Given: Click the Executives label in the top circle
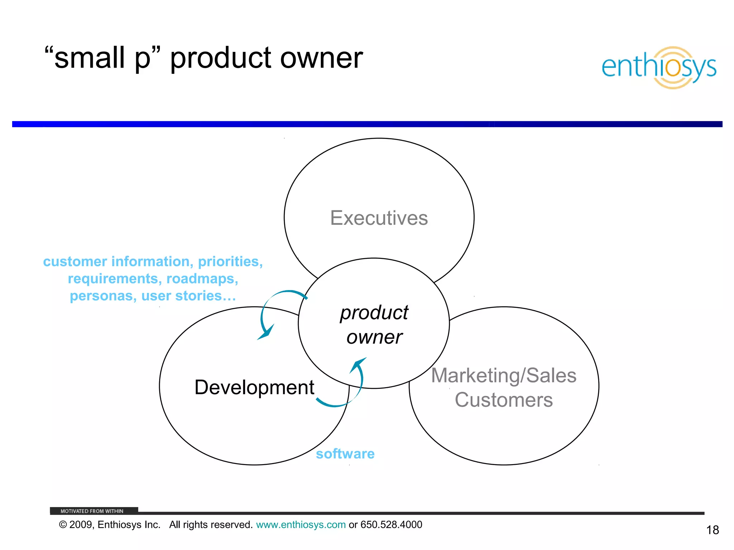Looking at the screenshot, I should coord(379,218).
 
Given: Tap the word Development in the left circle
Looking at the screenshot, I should coord(254,387).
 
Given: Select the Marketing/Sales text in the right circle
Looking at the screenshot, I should coord(504,376).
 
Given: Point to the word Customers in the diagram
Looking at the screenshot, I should coord(504,400).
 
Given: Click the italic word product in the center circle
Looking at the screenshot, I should coord(374,313).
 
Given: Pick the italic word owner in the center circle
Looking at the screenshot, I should coord(374,337).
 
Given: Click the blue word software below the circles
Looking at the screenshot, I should coord(345,454).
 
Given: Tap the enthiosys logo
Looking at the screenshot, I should coord(659,67).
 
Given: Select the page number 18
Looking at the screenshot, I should coord(712,530).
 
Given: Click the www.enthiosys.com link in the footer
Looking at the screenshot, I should coord(301,525).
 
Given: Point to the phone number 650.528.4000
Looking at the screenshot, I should coord(391,525).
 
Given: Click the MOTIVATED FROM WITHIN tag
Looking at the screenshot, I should coord(92,511).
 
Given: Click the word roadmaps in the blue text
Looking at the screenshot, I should coord(202,279).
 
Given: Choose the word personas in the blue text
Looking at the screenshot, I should coord(103,296).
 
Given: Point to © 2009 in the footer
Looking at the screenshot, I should coord(76,525).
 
